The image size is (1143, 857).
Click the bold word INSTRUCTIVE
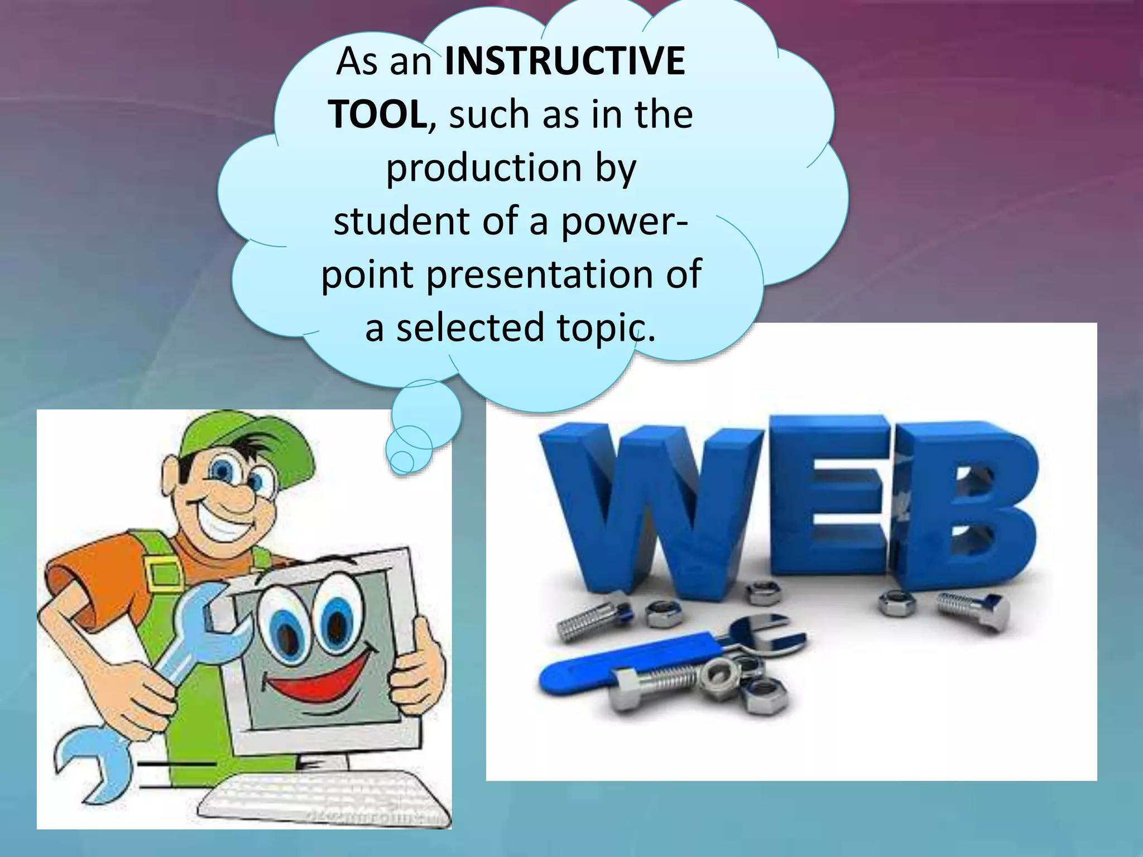click(x=565, y=61)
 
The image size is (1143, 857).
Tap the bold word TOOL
click(x=378, y=114)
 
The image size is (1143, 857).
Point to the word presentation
click(x=540, y=274)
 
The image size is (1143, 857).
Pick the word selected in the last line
click(x=470, y=328)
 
